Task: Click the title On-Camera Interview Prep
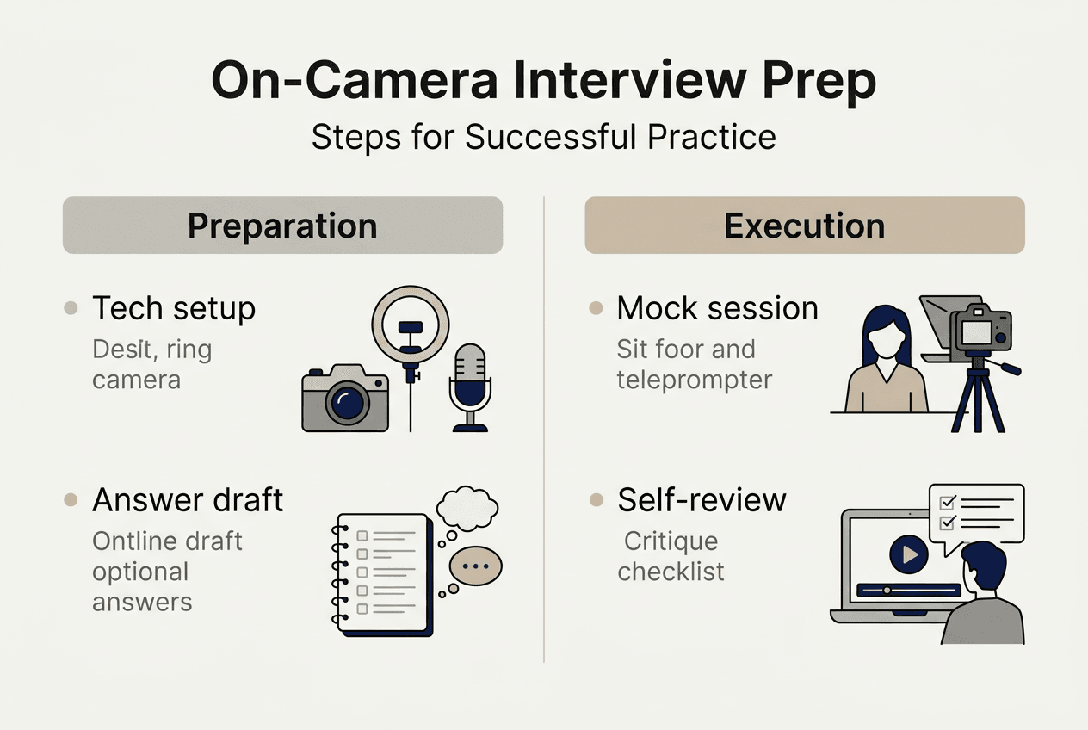click(x=543, y=83)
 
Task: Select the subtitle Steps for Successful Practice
click(x=543, y=138)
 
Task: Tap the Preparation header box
click(x=282, y=226)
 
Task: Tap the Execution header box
click(x=804, y=226)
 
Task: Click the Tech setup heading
click(x=174, y=308)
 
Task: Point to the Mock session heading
click(x=717, y=308)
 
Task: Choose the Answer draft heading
click(x=188, y=499)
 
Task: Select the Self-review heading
click(x=702, y=499)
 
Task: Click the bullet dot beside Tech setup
click(x=71, y=308)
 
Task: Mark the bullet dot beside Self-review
click(x=596, y=499)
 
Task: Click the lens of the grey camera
click(x=346, y=403)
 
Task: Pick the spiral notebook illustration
click(x=383, y=572)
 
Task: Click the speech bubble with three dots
click(x=475, y=567)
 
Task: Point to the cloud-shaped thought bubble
click(x=467, y=509)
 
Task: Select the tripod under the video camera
click(x=978, y=396)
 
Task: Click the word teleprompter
click(x=694, y=380)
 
